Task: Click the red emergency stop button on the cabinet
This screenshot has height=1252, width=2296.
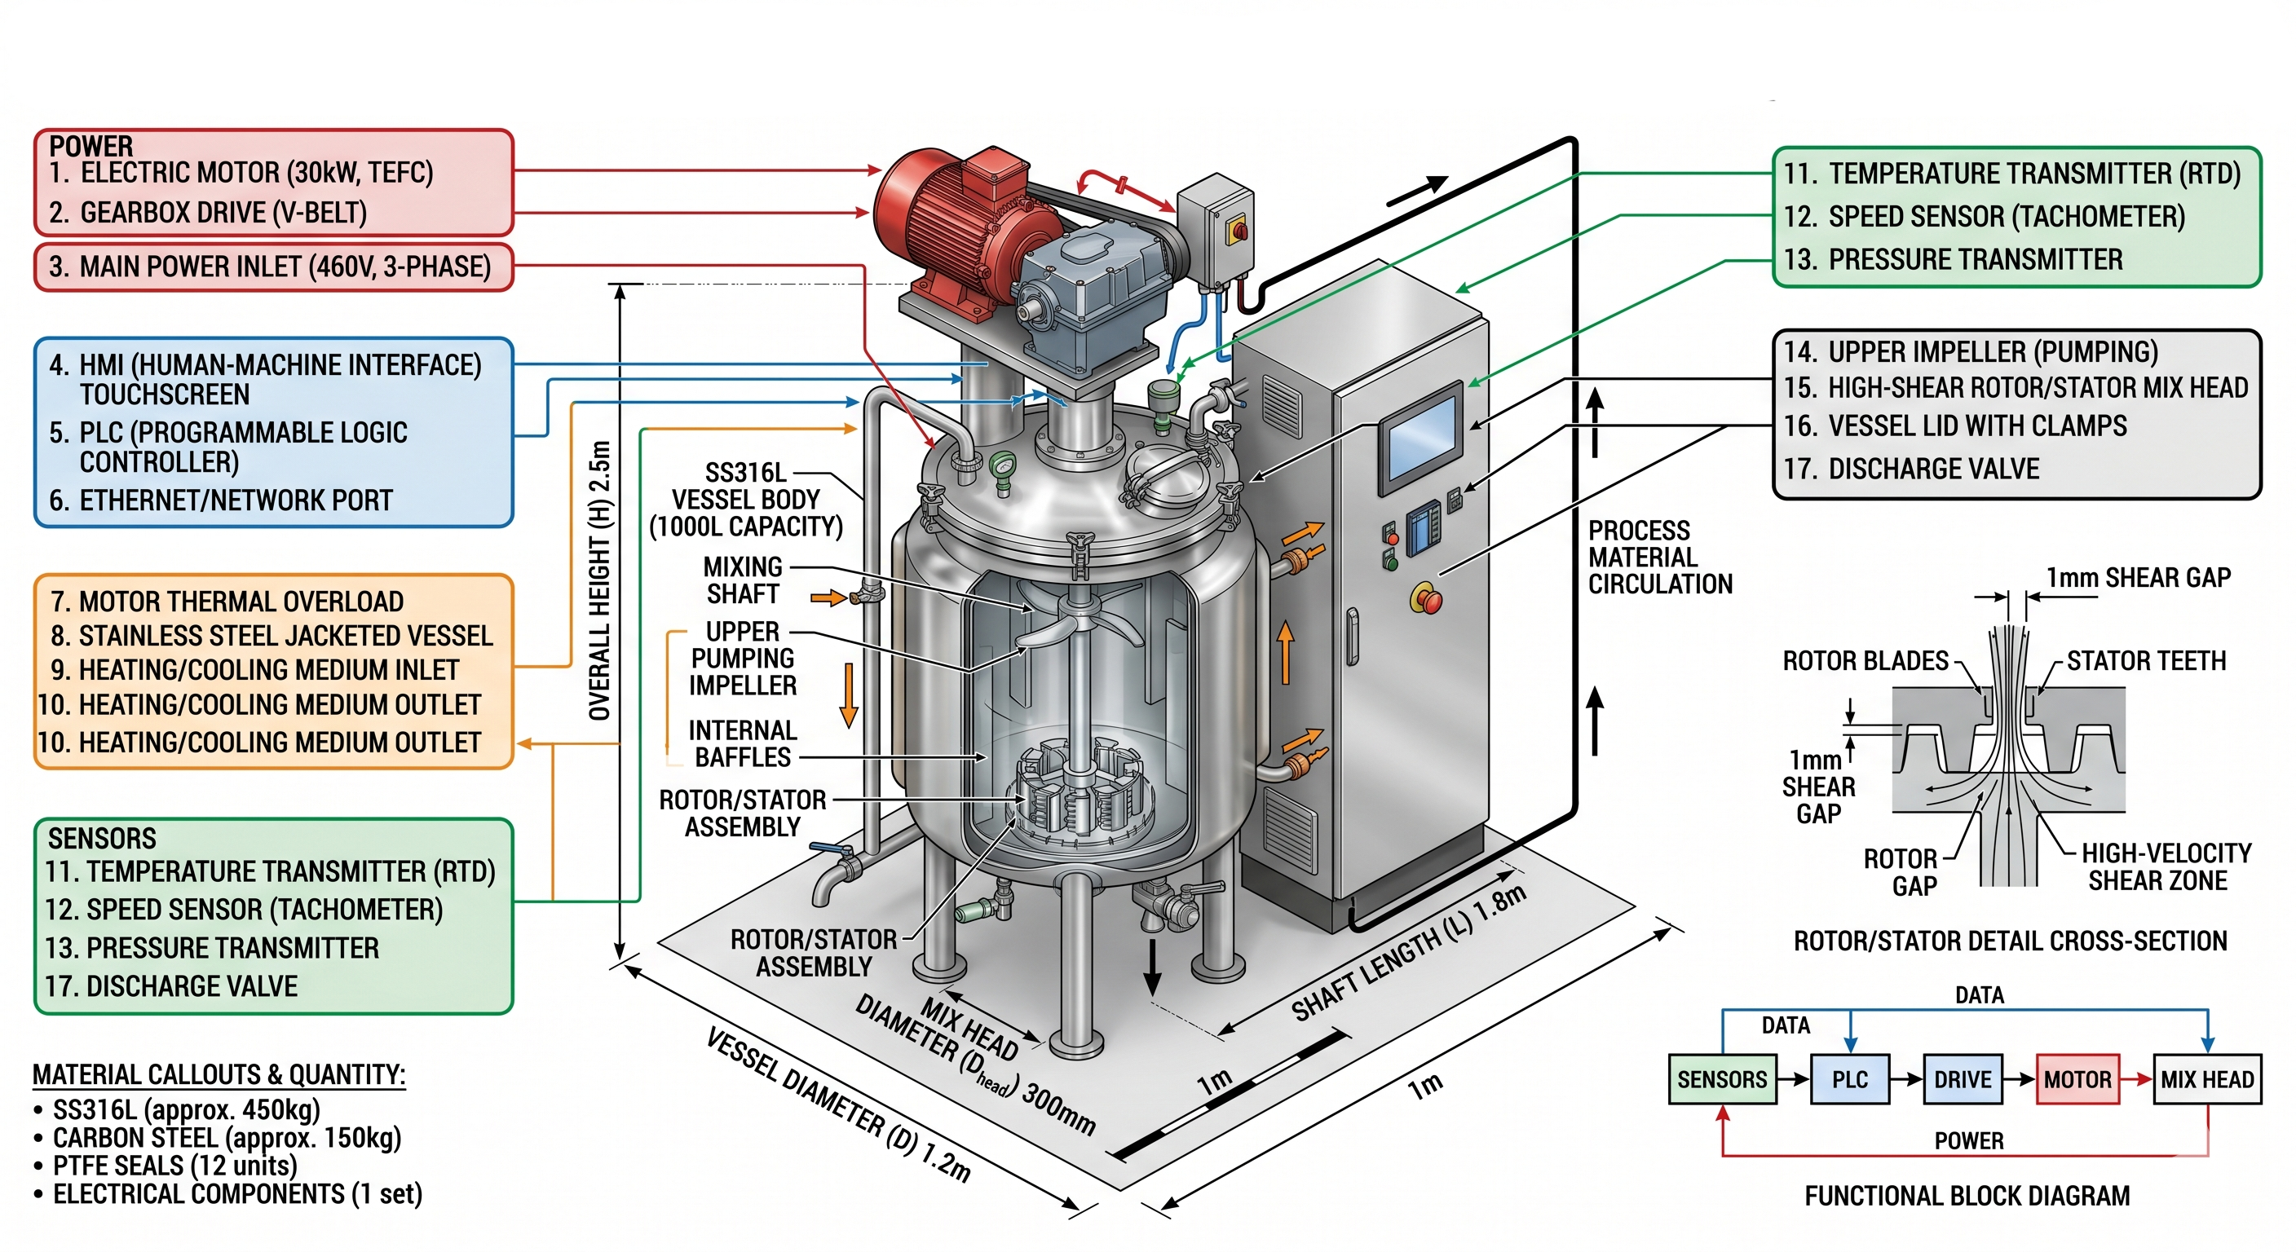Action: [x=1426, y=599]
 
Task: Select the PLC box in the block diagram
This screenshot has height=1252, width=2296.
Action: [x=1849, y=1079]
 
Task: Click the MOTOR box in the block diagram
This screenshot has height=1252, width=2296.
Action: [x=2077, y=1079]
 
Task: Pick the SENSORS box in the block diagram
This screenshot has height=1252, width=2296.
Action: [x=1722, y=1079]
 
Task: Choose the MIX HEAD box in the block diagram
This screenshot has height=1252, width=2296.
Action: [x=2207, y=1079]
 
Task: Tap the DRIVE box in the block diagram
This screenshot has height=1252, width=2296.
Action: [x=1963, y=1079]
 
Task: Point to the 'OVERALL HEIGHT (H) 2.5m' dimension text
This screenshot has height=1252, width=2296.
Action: [x=601, y=580]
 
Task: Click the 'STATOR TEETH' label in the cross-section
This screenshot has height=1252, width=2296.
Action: [x=2146, y=660]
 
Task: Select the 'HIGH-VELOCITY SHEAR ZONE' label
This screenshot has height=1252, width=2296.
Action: [x=2166, y=866]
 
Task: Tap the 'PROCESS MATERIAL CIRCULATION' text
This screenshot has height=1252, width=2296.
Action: [x=1659, y=558]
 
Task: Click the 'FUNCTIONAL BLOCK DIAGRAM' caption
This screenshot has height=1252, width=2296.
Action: [x=1967, y=1195]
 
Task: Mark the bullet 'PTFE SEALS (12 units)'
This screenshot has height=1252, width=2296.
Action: [x=174, y=1166]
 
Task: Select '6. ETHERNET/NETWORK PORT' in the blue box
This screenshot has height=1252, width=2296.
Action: [x=236, y=500]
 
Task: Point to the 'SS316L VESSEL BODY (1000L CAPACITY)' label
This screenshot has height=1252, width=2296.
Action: [x=746, y=499]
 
